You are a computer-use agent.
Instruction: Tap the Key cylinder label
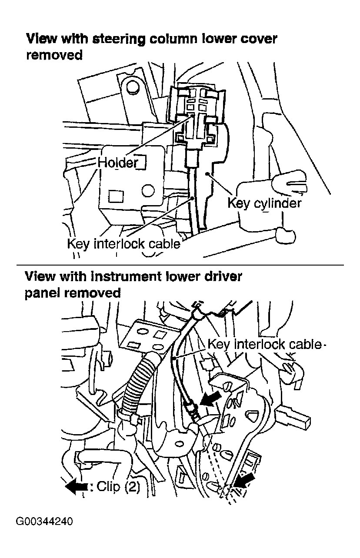coord(264,203)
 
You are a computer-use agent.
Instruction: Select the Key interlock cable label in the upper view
coord(123,244)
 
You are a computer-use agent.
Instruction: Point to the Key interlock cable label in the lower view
coord(266,344)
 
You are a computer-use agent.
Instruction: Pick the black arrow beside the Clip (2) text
coord(77,488)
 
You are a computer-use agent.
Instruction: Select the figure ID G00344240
coord(44,521)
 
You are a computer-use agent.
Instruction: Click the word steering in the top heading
coord(114,39)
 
